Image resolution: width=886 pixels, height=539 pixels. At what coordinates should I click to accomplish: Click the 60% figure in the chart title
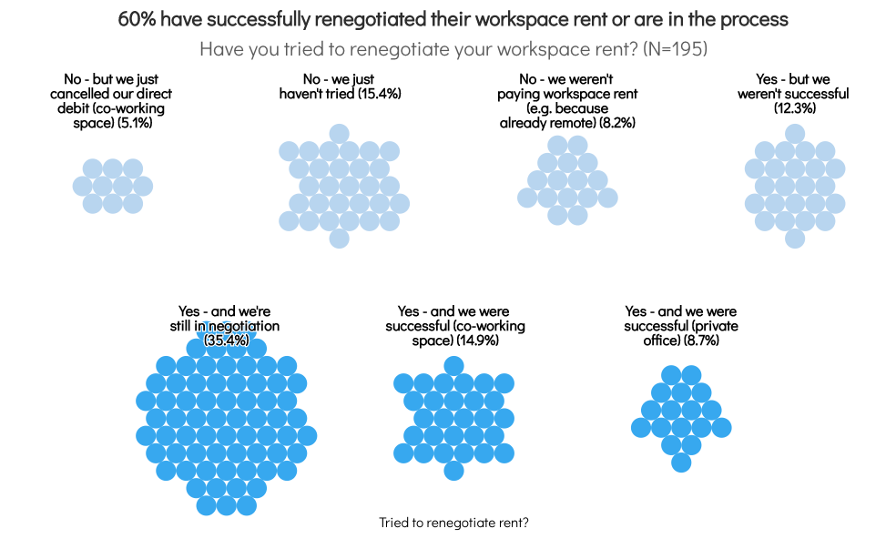pyautogui.click(x=137, y=19)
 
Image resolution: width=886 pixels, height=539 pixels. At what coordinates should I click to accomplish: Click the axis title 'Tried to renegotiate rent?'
pyautogui.click(x=453, y=523)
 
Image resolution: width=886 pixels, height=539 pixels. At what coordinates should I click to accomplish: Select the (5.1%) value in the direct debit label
pyautogui.click(x=135, y=122)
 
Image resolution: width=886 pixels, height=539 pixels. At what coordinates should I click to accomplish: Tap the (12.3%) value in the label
pyautogui.click(x=795, y=107)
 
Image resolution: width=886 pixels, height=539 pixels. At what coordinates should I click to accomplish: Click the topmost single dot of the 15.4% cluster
pyautogui.click(x=339, y=133)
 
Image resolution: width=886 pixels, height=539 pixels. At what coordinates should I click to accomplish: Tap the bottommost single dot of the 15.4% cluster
pyautogui.click(x=339, y=239)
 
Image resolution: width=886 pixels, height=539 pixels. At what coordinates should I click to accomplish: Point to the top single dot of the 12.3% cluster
pyautogui.click(x=795, y=133)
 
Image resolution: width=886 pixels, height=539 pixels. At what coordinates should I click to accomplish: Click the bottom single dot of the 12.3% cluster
pyautogui.click(x=795, y=239)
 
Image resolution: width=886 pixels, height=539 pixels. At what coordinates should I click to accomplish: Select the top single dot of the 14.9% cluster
pyautogui.click(x=453, y=366)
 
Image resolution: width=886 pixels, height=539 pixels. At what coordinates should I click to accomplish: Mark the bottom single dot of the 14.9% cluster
pyautogui.click(x=453, y=471)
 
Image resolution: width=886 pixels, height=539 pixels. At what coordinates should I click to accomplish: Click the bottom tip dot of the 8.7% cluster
pyautogui.click(x=681, y=463)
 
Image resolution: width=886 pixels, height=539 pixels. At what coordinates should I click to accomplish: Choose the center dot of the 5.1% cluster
pyautogui.click(x=113, y=186)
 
